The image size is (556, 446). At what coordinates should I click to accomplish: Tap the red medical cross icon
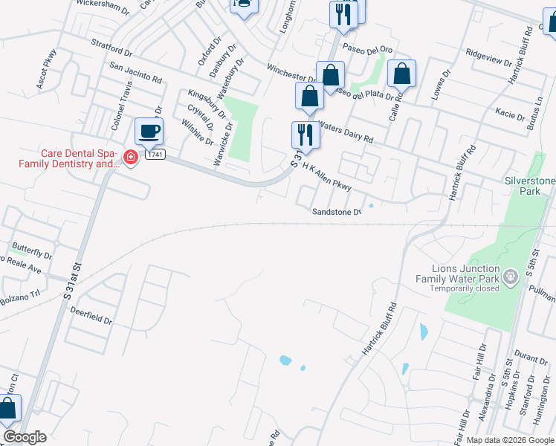[130, 158]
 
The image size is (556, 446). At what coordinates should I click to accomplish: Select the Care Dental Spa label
[80, 158]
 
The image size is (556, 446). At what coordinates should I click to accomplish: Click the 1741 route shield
[155, 154]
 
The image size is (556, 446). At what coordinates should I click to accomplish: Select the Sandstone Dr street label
[335, 211]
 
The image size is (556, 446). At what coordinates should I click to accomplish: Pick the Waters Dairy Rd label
[345, 134]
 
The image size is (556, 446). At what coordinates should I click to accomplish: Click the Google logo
[25, 437]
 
